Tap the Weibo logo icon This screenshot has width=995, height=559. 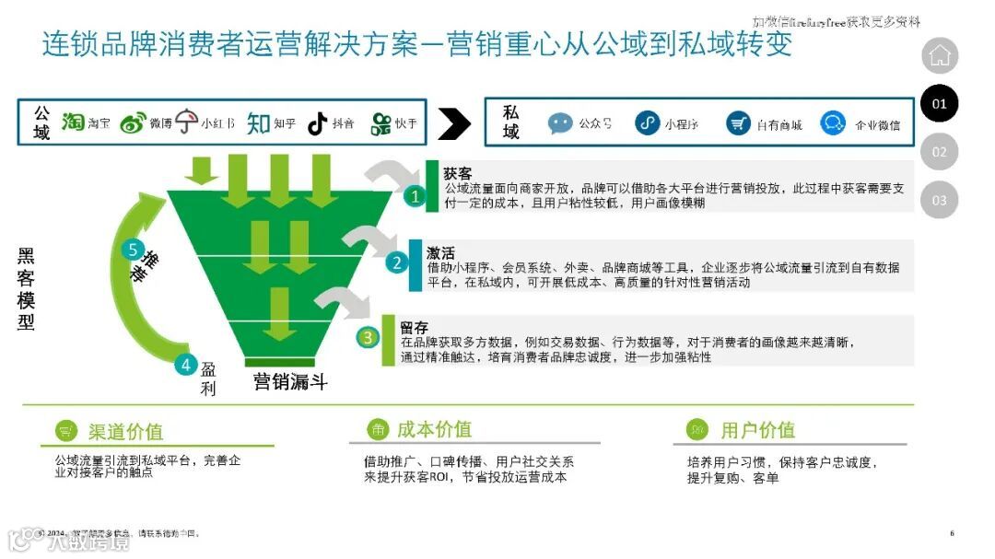point(133,123)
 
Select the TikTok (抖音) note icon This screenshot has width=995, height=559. point(318,123)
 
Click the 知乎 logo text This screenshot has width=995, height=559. point(259,123)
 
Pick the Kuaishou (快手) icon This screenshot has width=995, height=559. point(380,123)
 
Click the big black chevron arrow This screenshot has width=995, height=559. point(454,122)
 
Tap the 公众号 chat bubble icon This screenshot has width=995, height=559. point(560,123)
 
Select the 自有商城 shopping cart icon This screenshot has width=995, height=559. point(738,123)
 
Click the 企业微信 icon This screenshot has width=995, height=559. point(833,123)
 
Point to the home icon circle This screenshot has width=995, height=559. point(940,56)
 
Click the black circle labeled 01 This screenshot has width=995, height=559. point(940,104)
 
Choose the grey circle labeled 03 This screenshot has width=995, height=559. point(940,200)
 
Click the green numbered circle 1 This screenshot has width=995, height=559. point(416,195)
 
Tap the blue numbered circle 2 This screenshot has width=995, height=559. point(397,262)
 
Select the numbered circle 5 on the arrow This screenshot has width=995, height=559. point(134,250)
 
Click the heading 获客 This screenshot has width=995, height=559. point(457,173)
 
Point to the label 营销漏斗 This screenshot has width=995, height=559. point(290,381)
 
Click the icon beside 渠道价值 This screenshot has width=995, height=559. point(66,430)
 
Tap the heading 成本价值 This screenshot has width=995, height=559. point(434,429)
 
